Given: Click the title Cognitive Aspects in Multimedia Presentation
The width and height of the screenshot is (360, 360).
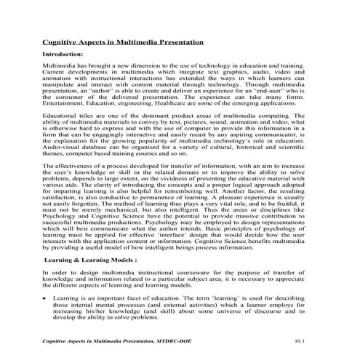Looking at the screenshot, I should tap(124, 44).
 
